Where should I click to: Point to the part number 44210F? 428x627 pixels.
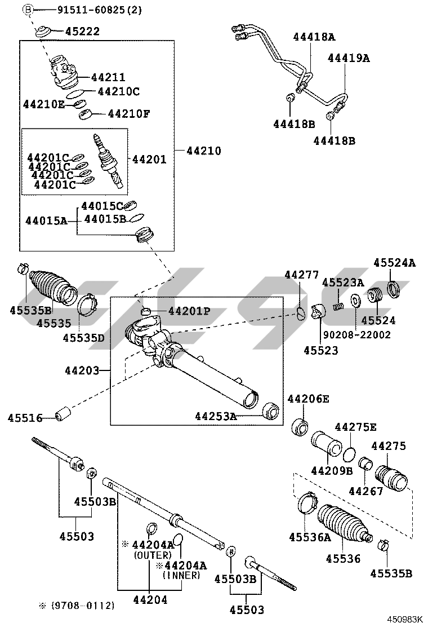[x=129, y=114]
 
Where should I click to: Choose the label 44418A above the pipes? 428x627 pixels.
[x=314, y=37]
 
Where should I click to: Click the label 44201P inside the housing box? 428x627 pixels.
[x=190, y=311]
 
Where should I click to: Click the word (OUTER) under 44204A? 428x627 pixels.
[x=152, y=555]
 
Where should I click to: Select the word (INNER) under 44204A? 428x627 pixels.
[x=181, y=576]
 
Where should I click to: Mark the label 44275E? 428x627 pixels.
[x=355, y=427]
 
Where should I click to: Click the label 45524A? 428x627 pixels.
[x=394, y=263]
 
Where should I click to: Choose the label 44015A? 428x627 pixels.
[x=46, y=221]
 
